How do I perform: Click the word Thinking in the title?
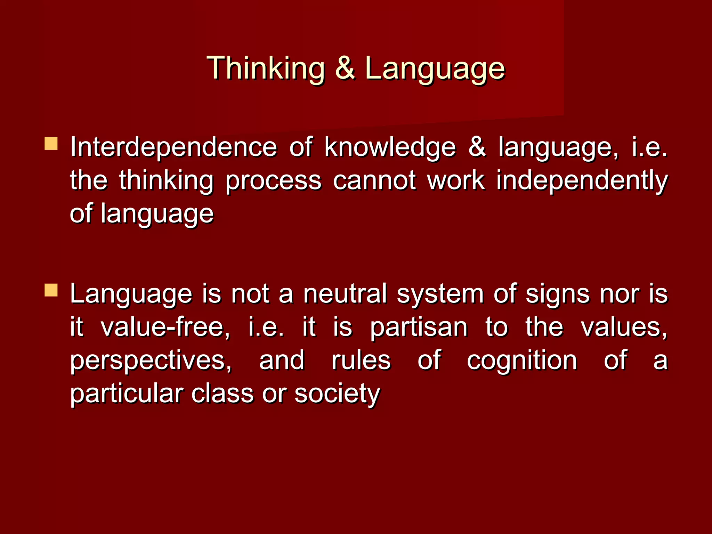[266, 68]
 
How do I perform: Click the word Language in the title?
[435, 68]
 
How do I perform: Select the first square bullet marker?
[51, 144]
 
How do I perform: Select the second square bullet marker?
[51, 290]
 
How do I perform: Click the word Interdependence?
[173, 147]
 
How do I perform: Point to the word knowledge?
[390, 147]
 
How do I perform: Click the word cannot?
[374, 180]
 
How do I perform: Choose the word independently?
[582, 181]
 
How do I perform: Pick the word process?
[273, 181]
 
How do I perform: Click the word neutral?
[345, 294]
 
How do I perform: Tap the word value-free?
[165, 327]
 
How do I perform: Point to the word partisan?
[419, 328]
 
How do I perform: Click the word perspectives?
[151, 361]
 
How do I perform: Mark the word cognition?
[522, 361]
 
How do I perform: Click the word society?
[337, 394]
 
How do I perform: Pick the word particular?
[127, 394]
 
